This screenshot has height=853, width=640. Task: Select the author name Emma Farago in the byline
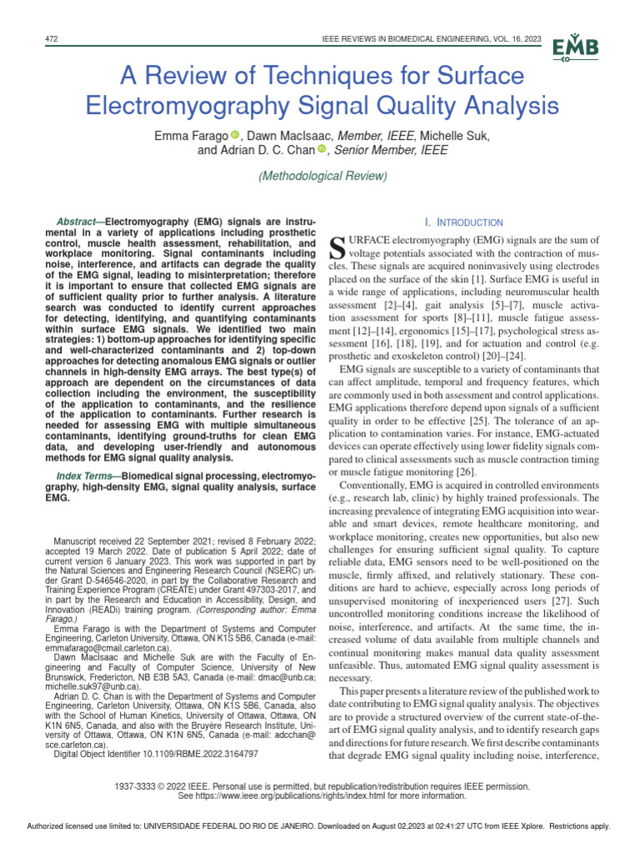coord(187,135)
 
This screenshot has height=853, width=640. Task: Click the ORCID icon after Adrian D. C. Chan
coord(322,150)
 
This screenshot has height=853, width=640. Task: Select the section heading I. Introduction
coord(464,222)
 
